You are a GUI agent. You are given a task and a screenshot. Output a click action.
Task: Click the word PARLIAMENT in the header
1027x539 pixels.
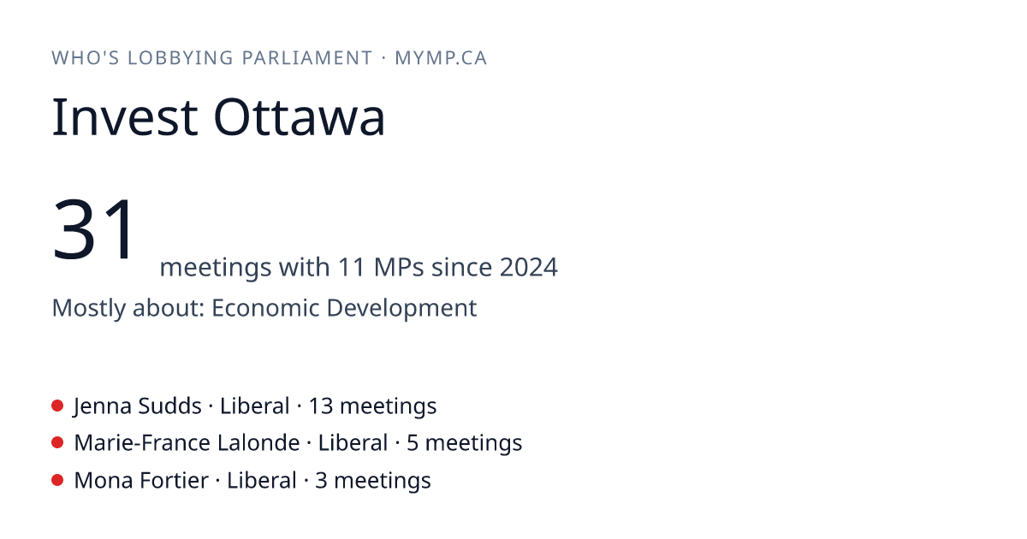pyautogui.click(x=306, y=58)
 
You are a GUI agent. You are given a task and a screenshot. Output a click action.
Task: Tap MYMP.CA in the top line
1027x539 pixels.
pyautogui.click(x=441, y=58)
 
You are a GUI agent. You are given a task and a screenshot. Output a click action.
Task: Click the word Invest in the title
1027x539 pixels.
pyautogui.click(x=125, y=117)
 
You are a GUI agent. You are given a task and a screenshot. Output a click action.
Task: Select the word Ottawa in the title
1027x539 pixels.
pyautogui.click(x=299, y=117)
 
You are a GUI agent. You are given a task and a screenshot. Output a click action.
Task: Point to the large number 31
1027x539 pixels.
pyautogui.click(x=93, y=228)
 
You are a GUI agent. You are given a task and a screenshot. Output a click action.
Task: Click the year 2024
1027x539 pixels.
pyautogui.click(x=529, y=267)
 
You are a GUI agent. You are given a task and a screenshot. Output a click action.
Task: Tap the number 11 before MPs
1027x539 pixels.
pyautogui.click(x=352, y=267)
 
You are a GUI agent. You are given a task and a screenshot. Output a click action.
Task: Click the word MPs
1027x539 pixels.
pyautogui.click(x=399, y=267)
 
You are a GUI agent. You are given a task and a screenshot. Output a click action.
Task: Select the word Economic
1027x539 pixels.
pyautogui.click(x=265, y=308)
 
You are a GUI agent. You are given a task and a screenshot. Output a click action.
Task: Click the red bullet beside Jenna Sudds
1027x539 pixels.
pyautogui.click(x=57, y=406)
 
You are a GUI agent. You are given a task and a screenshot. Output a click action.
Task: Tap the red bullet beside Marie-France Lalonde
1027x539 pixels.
pyautogui.click(x=57, y=443)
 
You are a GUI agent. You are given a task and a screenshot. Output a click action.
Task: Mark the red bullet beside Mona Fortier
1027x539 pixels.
pyautogui.click(x=57, y=480)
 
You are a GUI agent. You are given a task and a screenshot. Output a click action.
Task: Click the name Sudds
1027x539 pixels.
pyautogui.click(x=169, y=406)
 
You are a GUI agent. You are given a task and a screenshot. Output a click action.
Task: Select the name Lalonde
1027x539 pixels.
pyautogui.click(x=258, y=443)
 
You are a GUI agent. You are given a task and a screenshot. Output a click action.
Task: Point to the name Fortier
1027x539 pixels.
pyautogui.click(x=175, y=480)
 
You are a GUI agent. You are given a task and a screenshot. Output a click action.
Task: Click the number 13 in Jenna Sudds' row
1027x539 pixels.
pyautogui.click(x=320, y=406)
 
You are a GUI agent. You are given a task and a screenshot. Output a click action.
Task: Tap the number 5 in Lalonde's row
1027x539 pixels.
pyautogui.click(x=413, y=443)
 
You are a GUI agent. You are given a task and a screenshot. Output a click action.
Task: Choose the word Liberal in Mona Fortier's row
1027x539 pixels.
pyautogui.click(x=262, y=480)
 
